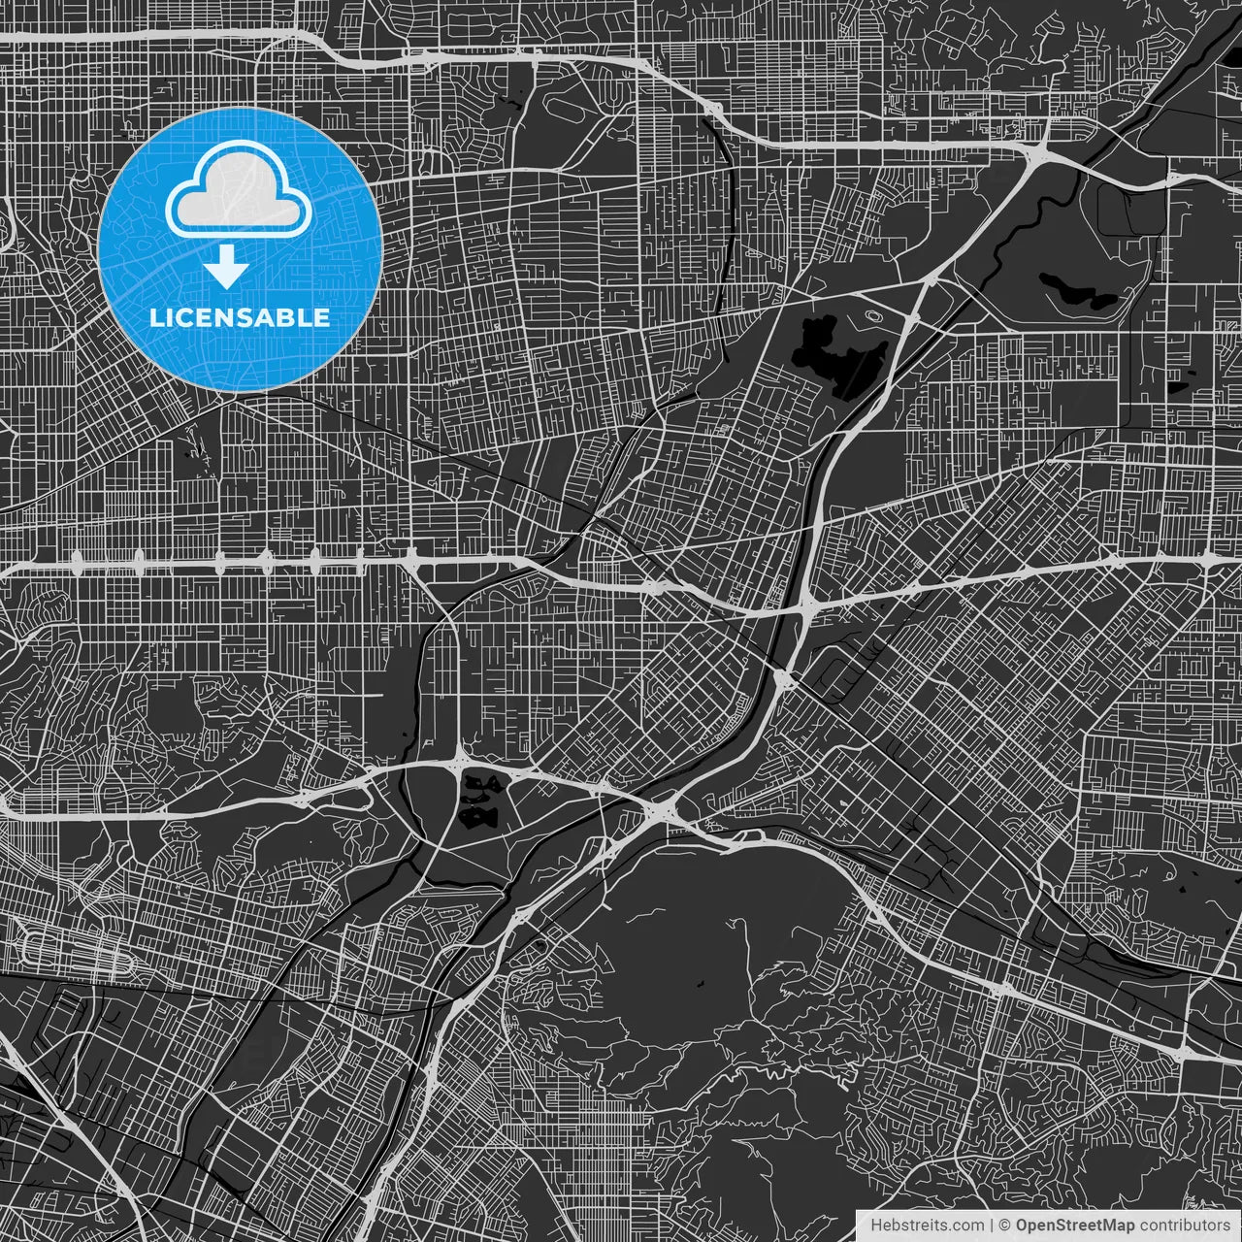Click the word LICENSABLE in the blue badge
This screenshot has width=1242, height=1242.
[x=239, y=317]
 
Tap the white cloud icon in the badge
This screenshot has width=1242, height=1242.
[x=239, y=192]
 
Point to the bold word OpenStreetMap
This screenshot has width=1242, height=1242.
[x=1074, y=1226]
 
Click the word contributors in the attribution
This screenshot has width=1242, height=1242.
[x=1184, y=1226]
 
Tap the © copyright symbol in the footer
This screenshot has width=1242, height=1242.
[x=1005, y=1226]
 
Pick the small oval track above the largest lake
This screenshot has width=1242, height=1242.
[x=874, y=315]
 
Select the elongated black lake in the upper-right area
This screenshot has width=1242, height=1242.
[x=1078, y=290]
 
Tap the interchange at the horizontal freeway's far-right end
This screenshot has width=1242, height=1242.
[x=1209, y=560]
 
